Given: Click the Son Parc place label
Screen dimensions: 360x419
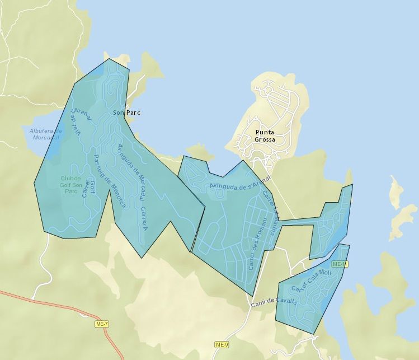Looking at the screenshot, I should pos(126,113).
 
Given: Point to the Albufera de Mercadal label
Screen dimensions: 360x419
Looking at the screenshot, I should pos(45,134).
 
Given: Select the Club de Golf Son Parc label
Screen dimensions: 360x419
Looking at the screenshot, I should pos(71,185).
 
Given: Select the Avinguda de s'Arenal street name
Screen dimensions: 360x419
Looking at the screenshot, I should pos(241,185).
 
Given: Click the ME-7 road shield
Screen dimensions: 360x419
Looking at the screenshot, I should pos(102,324).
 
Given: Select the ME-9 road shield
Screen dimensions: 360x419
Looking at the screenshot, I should pos(222,344).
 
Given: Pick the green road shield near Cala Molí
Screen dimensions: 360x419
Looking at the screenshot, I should pos(340,264).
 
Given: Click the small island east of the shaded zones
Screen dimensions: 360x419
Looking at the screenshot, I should pos(396,190).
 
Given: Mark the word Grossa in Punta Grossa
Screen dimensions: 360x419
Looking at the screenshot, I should pos(265,139).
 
